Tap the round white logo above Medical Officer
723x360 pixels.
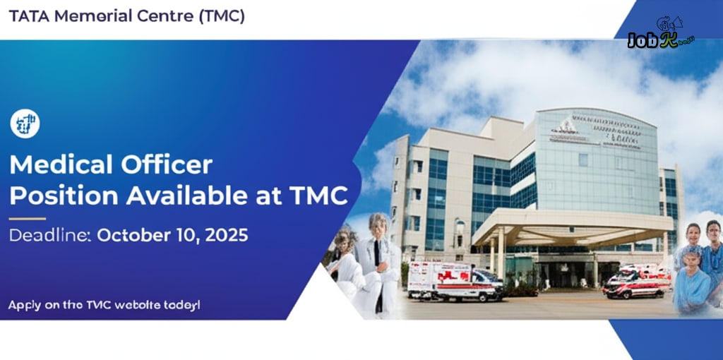coord(25,124)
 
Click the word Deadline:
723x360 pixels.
coord(49,236)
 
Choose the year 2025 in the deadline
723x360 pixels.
coord(225,236)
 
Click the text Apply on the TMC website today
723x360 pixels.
coord(104,306)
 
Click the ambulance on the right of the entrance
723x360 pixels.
coord(635,280)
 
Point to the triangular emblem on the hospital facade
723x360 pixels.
coord(566,127)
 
